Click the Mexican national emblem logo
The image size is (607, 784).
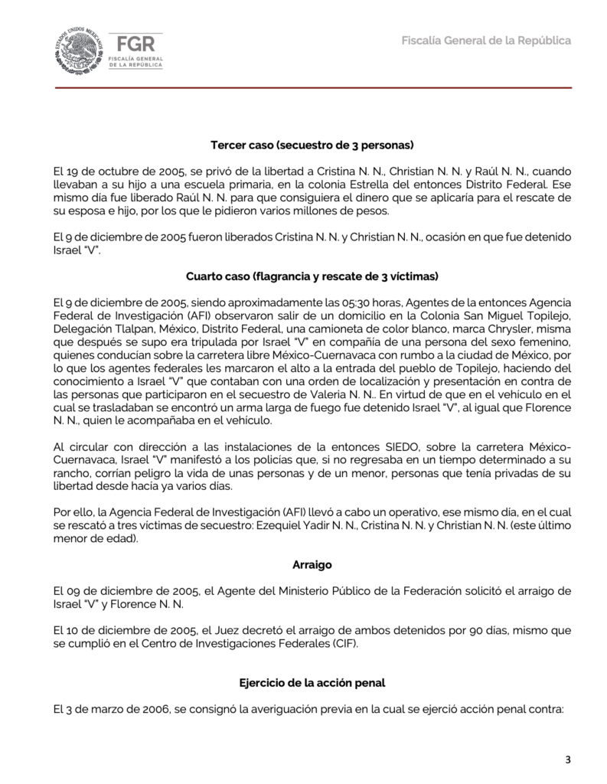click(x=78, y=49)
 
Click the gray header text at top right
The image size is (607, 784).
click(x=486, y=40)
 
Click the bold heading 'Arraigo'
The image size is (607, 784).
click(x=312, y=565)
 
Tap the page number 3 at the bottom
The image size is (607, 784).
click(x=567, y=759)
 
